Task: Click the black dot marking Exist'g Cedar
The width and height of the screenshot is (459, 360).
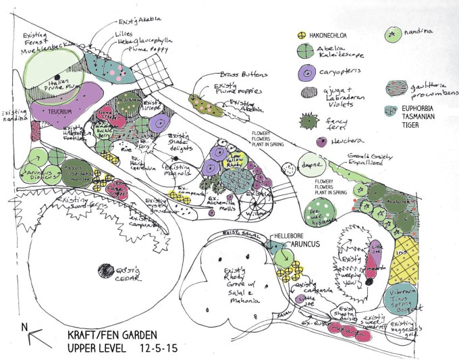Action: point(105,272)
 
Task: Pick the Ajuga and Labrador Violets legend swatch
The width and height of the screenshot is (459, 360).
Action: point(308,93)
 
